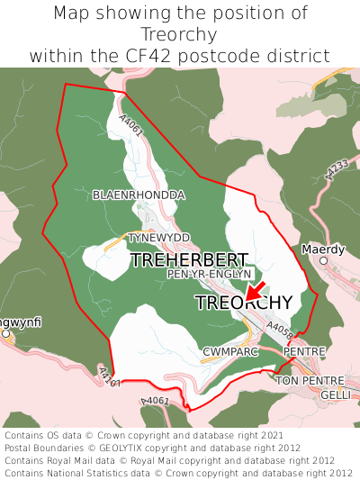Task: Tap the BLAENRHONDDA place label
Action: [x=139, y=195]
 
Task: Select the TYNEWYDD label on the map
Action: [x=159, y=237]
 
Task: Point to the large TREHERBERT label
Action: [x=189, y=260]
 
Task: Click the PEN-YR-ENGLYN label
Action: [x=210, y=274]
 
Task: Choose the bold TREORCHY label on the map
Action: [x=243, y=303]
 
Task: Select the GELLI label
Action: [x=337, y=395]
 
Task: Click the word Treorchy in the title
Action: [x=180, y=34]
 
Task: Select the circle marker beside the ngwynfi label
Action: [x=5, y=334]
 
